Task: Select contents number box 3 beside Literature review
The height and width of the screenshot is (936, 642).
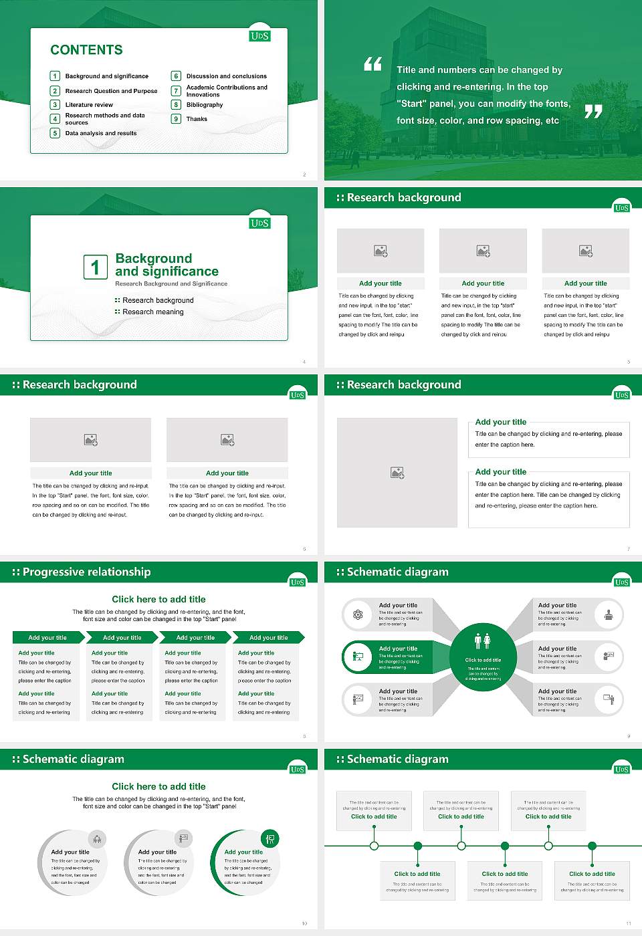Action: click(55, 105)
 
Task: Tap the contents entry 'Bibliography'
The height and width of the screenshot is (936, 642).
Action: click(205, 105)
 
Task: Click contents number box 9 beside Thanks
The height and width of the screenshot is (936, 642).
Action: click(177, 119)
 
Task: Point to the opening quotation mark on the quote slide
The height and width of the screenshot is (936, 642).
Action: click(372, 64)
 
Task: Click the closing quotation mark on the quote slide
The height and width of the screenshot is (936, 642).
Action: click(593, 112)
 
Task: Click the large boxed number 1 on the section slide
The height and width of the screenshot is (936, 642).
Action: click(95, 267)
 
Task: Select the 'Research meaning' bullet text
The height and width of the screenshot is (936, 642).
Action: click(152, 312)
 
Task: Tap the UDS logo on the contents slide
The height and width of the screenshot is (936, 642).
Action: click(259, 36)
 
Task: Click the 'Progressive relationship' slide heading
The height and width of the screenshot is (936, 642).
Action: click(86, 572)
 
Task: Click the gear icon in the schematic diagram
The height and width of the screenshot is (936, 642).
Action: click(358, 614)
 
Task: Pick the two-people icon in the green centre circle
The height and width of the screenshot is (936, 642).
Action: click(482, 641)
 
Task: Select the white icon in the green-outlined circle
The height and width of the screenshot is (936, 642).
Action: click(270, 838)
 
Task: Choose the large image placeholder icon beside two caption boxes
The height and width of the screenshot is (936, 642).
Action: click(397, 473)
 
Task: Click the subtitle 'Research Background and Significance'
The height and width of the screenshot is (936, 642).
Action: click(171, 284)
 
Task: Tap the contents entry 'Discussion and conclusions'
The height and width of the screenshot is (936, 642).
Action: click(226, 76)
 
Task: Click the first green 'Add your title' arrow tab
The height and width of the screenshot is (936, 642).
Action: click(47, 638)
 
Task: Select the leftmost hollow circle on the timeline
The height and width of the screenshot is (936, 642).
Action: click(374, 846)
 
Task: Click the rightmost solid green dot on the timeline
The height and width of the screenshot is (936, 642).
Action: click(592, 846)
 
